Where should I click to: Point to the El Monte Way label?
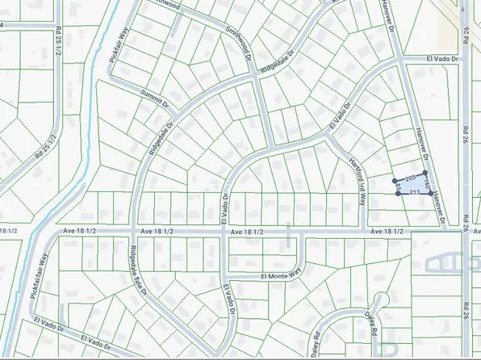[280, 275]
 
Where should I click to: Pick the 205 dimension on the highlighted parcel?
[409, 177]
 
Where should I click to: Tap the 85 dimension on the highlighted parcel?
[399, 187]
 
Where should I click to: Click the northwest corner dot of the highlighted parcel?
[395, 180]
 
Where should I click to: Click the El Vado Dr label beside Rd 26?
[441, 59]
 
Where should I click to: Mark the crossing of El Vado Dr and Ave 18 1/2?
[224, 232]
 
